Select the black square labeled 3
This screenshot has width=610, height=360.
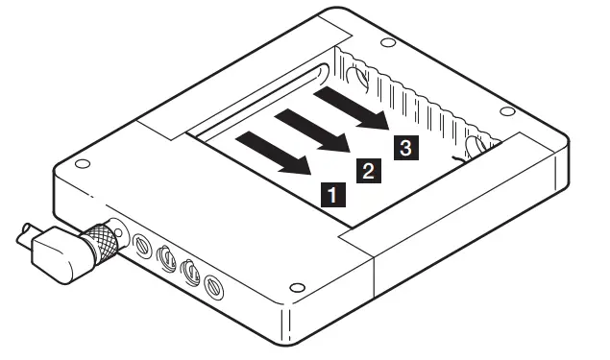tap(404, 147)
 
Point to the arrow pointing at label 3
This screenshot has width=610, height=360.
tap(353, 107)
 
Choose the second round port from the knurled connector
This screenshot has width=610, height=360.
tap(165, 258)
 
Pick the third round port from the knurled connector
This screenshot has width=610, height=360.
tap(190, 271)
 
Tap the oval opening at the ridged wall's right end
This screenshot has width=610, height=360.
tap(474, 146)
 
